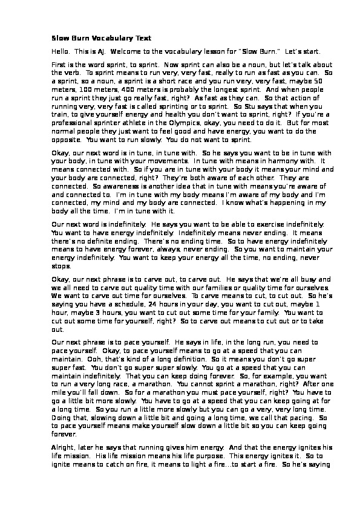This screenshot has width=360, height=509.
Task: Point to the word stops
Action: tap(61, 266)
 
